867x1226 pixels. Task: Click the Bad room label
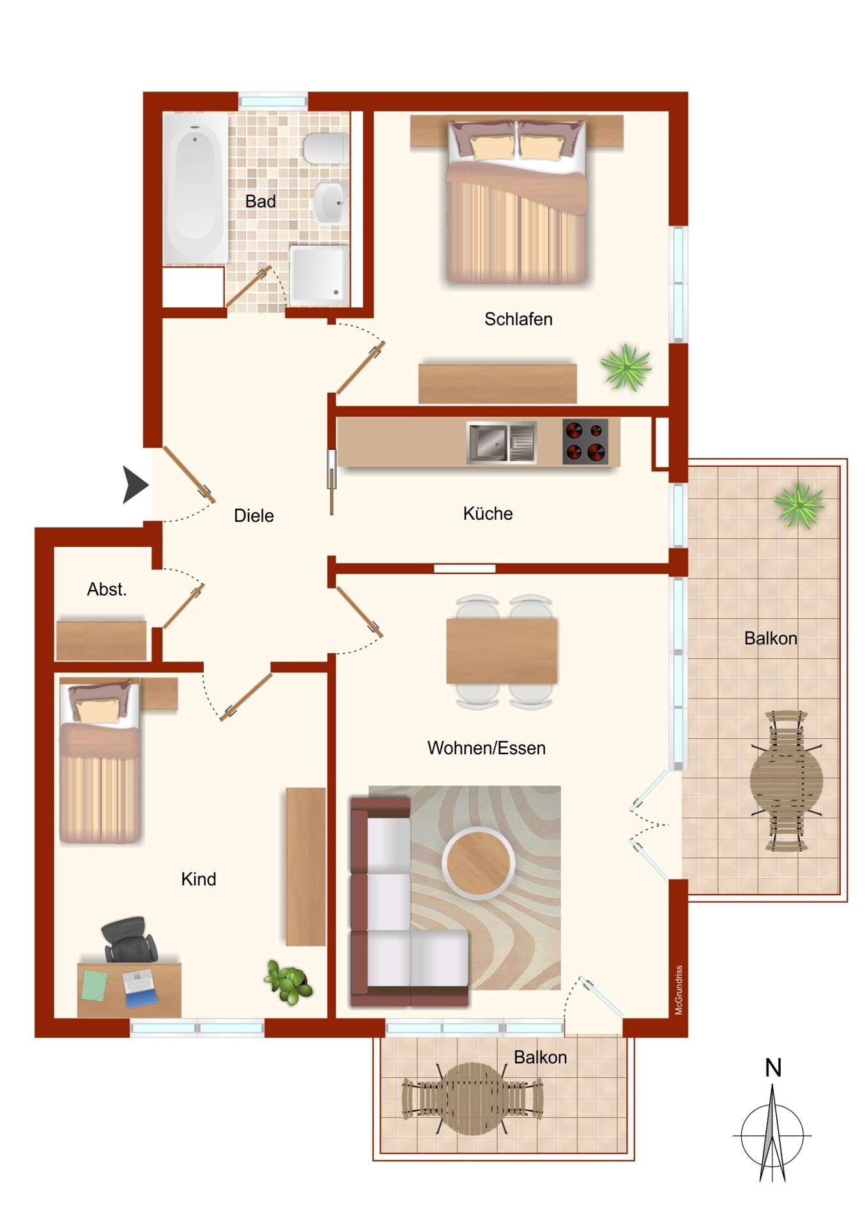coord(260,201)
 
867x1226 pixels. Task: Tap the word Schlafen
coord(518,319)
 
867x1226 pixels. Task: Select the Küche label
coord(487,513)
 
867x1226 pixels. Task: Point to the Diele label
coord(254,515)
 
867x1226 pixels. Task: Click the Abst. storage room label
coord(107,589)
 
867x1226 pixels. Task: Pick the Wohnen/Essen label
coord(486,748)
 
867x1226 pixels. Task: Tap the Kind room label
coord(199,879)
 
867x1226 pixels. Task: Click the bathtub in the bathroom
coord(195,188)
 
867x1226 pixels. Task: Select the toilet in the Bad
coord(325,149)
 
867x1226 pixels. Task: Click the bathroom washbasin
coord(331,202)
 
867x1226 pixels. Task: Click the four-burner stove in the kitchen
coord(585,441)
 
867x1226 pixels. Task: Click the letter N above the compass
coord(773,1068)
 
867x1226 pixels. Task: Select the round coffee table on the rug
coord(479,863)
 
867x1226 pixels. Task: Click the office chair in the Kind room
coord(130,939)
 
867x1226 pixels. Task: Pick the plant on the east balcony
coord(799,504)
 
